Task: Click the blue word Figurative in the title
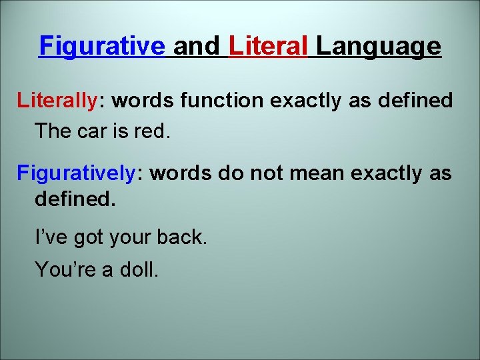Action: [x=102, y=47]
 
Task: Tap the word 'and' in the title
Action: [x=196, y=47]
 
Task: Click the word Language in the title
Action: [x=378, y=47]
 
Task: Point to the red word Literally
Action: [x=57, y=101]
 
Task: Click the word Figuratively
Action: [x=76, y=174]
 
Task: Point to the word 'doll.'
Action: [x=139, y=270]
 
